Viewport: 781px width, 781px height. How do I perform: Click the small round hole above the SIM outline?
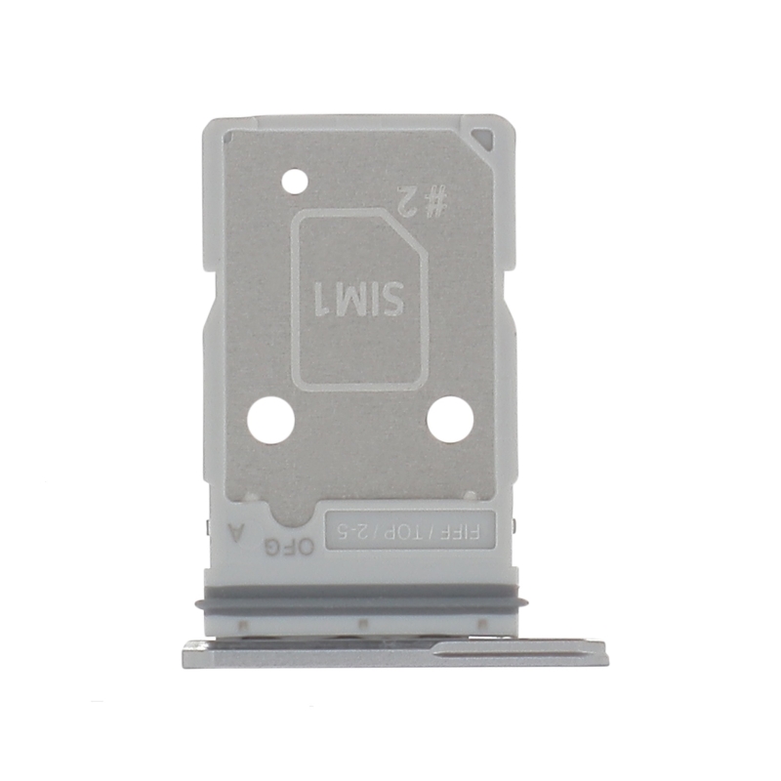tap(294, 181)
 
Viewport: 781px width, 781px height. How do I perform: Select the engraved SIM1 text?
tap(359, 297)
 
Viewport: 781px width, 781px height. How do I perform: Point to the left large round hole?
tap(270, 421)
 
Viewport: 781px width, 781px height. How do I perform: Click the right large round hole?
tap(450, 420)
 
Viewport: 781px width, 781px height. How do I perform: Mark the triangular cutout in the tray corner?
tap(480, 140)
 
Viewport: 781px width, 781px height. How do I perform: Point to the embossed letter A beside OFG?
tap(232, 533)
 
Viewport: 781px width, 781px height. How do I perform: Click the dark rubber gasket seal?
tap(361, 602)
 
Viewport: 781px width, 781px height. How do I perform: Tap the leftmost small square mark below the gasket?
tap(242, 622)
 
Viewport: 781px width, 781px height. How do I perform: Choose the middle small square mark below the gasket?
tap(361, 622)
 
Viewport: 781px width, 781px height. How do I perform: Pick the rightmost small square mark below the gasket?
tap(480, 622)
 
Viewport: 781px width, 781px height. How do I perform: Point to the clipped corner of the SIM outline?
tap(417, 226)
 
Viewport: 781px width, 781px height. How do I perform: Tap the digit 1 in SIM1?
tap(323, 297)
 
